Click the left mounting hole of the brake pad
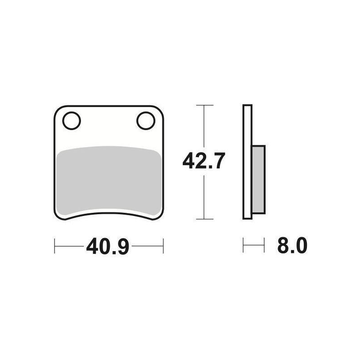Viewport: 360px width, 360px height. [x=72, y=121]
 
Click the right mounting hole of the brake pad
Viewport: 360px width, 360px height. [x=145, y=121]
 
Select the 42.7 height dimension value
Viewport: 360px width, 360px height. [x=203, y=161]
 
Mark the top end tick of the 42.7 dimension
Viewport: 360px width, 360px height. [x=205, y=105]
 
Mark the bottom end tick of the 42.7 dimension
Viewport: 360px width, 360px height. [x=205, y=219]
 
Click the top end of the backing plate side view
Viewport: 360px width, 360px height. [x=247, y=106]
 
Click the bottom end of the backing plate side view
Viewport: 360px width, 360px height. [x=247, y=218]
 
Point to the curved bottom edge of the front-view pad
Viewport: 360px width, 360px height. [x=108, y=215]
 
